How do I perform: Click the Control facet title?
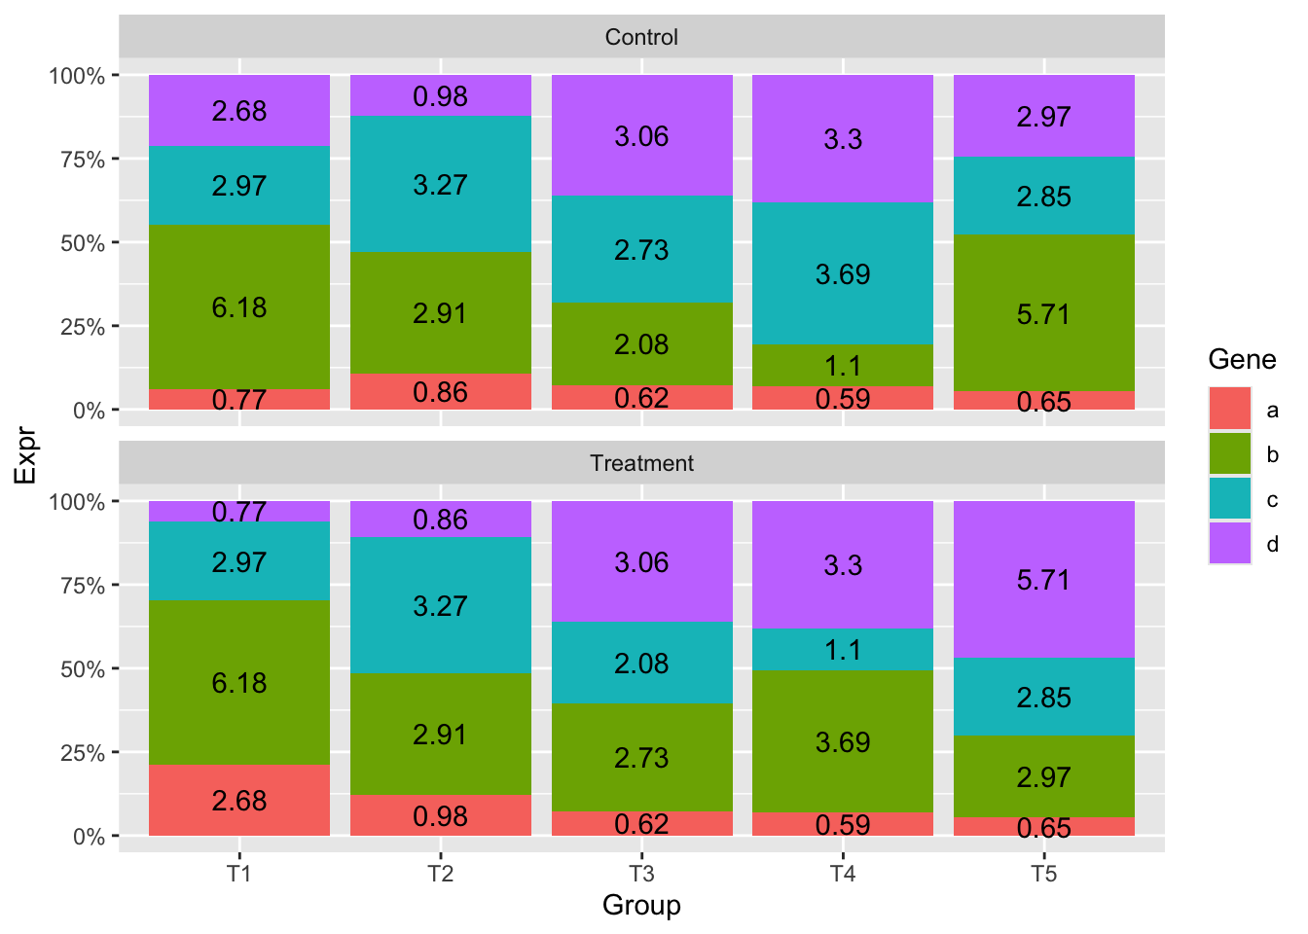tap(641, 37)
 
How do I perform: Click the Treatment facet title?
tap(641, 463)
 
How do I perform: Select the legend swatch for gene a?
tap(1230, 409)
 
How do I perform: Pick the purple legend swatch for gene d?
tap(1230, 543)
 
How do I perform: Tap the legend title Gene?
tap(1242, 359)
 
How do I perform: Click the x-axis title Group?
tap(641, 906)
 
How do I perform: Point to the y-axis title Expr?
tap(25, 456)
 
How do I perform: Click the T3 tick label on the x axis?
tap(641, 874)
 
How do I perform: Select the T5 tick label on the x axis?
tap(1043, 874)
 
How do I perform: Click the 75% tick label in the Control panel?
tap(83, 160)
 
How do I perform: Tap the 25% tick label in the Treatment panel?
tap(83, 752)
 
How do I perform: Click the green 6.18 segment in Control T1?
tap(238, 307)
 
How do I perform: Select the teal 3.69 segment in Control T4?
tap(842, 273)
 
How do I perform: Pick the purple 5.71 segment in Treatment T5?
tap(1043, 579)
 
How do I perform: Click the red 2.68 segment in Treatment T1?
tap(238, 800)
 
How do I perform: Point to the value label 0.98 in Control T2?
tap(440, 96)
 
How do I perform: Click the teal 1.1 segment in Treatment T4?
tap(842, 649)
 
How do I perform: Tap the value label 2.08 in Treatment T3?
tap(641, 664)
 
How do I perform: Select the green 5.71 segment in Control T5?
tap(1043, 313)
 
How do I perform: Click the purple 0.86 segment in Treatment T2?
tap(440, 519)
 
